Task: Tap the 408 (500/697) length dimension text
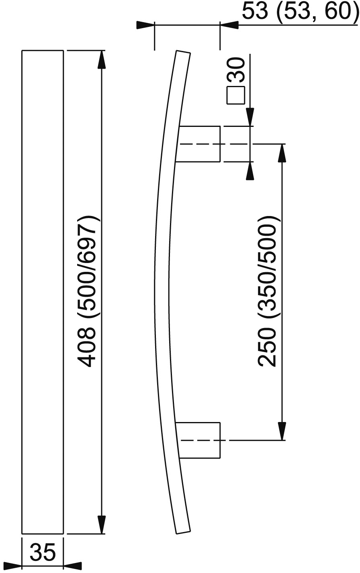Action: [x=87, y=292]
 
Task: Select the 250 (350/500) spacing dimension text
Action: [x=267, y=292]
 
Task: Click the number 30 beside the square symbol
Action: [x=236, y=69]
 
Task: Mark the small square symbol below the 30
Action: [x=236, y=96]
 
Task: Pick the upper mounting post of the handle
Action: [x=198, y=144]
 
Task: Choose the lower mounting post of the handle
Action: [x=198, y=440]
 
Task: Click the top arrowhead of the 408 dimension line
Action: [x=102, y=59]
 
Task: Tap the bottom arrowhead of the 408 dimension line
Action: [x=102, y=525]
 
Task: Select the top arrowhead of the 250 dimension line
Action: [x=282, y=153]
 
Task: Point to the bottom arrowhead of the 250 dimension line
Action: [x=282, y=431]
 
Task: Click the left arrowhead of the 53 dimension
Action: [x=146, y=25]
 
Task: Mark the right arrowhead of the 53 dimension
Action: [x=229, y=25]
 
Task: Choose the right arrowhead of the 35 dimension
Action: [x=72, y=566]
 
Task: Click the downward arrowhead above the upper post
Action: [x=250, y=117]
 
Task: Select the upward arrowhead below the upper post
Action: [x=250, y=171]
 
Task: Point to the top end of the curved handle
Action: [x=183, y=52]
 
